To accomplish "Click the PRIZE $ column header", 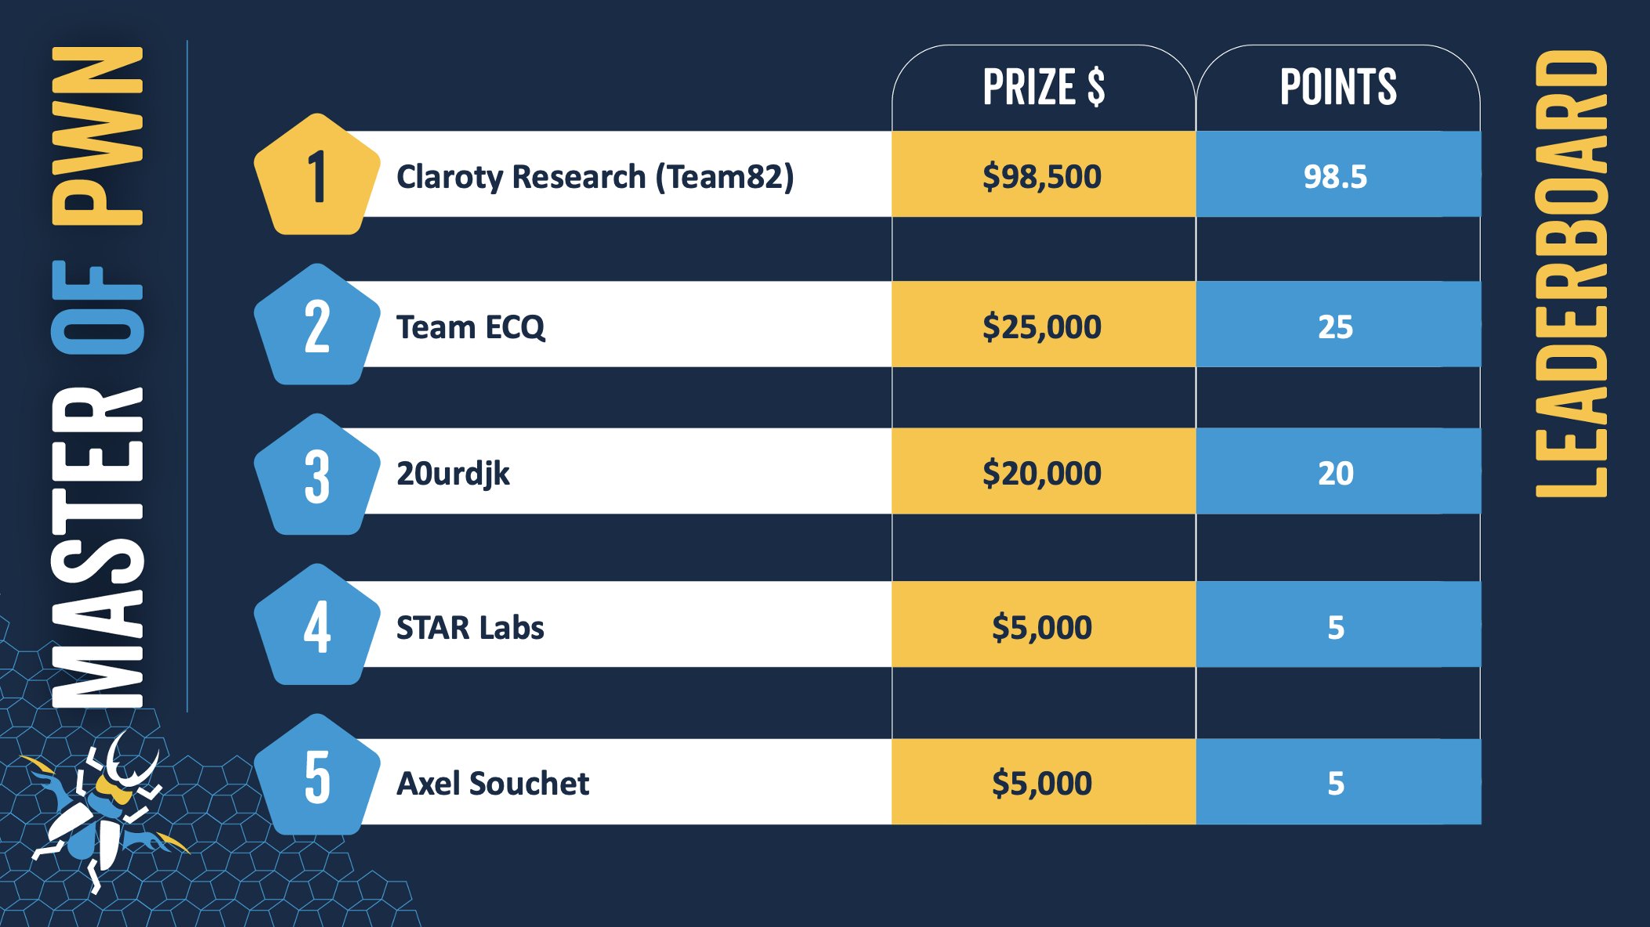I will pos(1044,87).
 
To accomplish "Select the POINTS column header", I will pos(1338,87).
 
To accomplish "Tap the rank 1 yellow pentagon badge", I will pos(317,175).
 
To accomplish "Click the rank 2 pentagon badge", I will pos(317,326).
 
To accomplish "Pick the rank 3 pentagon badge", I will pos(317,475).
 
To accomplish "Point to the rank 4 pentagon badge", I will pos(317,626).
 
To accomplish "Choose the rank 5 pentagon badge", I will pos(317,776).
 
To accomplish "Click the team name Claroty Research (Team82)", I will pos(595,177).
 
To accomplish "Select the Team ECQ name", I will pos(470,327).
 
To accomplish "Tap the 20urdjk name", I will pos(453,474).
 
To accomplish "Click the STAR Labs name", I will pos(470,628).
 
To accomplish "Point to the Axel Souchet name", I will pos(493,783).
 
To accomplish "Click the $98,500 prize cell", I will pos(1043,175).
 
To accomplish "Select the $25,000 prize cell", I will pos(1043,326).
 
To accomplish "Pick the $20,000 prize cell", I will pos(1043,472).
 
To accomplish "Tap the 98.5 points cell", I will pos(1337,175).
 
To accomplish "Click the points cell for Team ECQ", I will pos(1337,326).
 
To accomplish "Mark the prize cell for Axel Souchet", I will pos(1043,782).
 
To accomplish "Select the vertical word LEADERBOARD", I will pos(1572,274).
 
